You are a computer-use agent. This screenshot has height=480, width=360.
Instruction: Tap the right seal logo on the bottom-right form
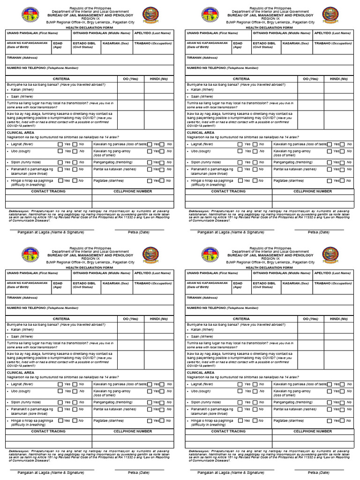[x=331, y=255]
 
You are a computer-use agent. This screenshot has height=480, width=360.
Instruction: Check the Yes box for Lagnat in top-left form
[x=60, y=144]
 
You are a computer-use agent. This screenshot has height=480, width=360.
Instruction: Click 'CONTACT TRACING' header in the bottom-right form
[x=228, y=431]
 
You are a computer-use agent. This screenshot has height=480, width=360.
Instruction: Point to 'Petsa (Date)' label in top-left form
[x=139, y=232]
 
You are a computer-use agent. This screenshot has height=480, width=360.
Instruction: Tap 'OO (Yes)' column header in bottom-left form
[x=130, y=319]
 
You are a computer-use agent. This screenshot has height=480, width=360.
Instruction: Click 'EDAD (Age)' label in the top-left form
[x=58, y=45]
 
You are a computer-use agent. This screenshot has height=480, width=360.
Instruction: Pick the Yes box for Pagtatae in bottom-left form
[x=150, y=420]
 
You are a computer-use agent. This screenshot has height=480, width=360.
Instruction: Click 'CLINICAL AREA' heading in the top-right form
[x=200, y=133]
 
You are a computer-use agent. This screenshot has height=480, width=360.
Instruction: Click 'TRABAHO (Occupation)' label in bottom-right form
[x=333, y=283]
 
